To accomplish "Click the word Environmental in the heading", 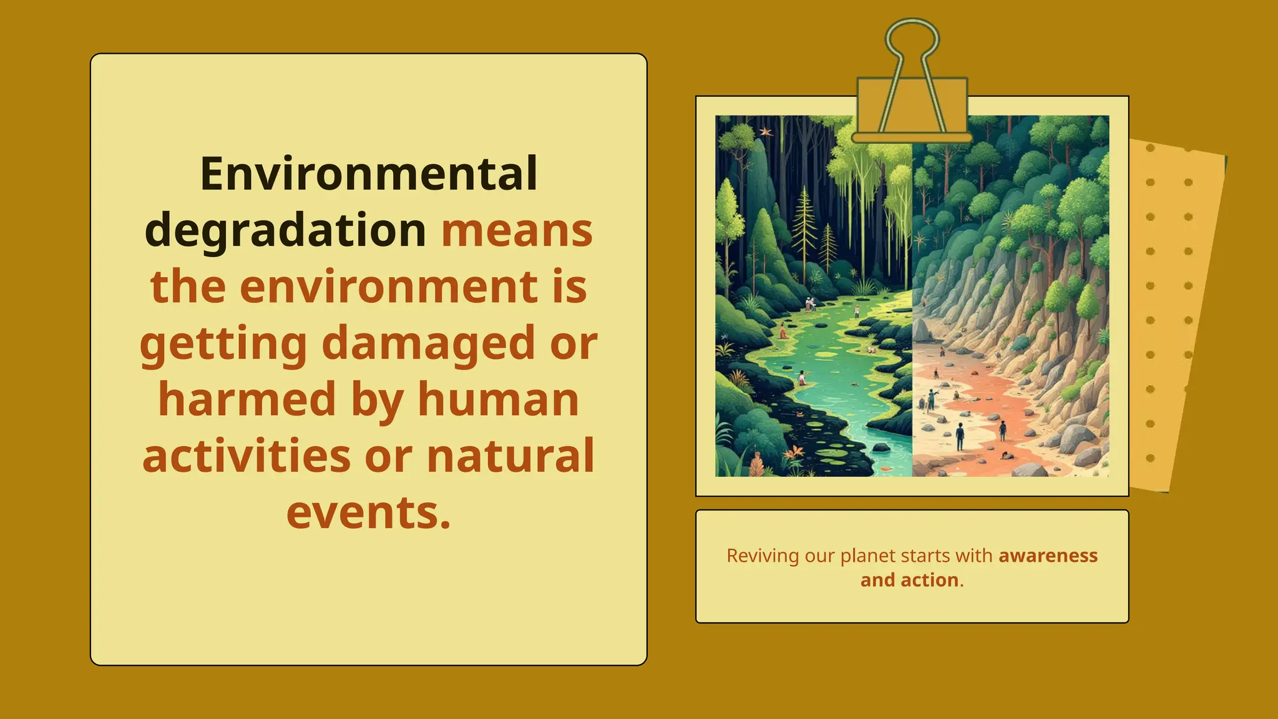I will (368, 174).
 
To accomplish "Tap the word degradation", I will (285, 230).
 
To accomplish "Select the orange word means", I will (517, 230).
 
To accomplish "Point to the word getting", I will (223, 344).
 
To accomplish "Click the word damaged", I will (428, 344).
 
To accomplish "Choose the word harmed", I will (247, 399).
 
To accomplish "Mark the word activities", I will (246, 456).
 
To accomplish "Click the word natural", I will (510, 456).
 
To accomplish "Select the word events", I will (368, 512).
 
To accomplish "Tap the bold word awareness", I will (1048, 555).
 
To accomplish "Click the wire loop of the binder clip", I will (912, 37).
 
